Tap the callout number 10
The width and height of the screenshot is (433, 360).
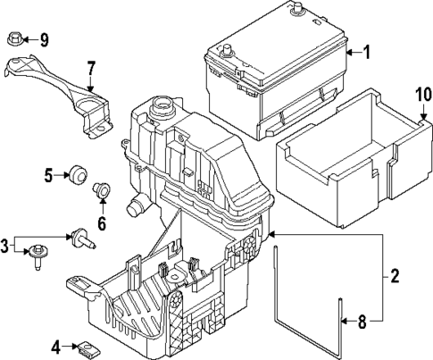coord(421,95)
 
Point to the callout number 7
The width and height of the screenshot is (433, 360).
coord(91,69)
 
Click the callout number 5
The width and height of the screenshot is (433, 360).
coord(49,176)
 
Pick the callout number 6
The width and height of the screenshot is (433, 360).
coord(101,223)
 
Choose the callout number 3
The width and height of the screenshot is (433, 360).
coord(6,244)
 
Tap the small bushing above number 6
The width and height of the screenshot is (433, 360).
coord(101,190)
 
